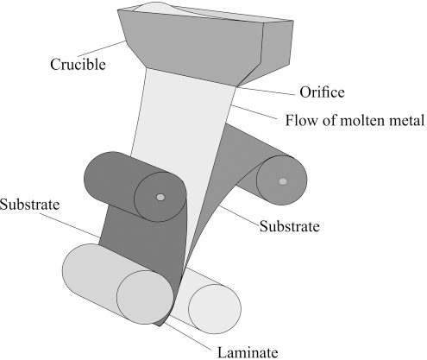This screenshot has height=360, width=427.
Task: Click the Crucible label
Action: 78,64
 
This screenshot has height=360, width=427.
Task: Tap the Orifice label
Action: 322,92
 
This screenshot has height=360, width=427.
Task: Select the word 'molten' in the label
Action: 362,120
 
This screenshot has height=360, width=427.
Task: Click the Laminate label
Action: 248,352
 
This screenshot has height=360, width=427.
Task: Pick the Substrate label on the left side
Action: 29,205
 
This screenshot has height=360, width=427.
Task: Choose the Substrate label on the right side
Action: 290,226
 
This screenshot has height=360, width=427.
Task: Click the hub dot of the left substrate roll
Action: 160,197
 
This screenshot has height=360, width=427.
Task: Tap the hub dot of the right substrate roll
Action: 283,181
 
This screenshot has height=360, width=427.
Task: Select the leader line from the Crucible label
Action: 102,48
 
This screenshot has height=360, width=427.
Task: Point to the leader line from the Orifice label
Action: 266,91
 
